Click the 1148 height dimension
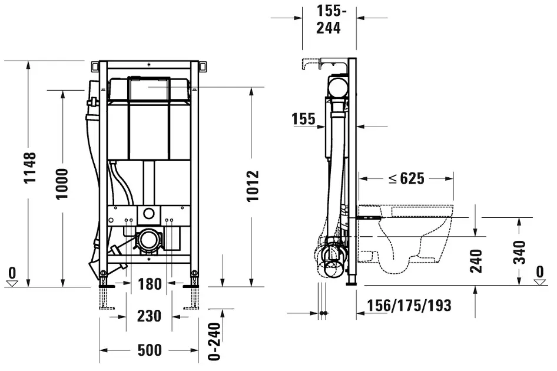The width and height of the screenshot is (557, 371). pyautogui.click(x=30, y=168)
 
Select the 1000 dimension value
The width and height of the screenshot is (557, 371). pyautogui.click(x=62, y=184)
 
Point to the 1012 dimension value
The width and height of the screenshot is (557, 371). pyautogui.click(x=253, y=186)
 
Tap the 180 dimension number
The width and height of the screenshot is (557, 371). pyautogui.click(x=150, y=284)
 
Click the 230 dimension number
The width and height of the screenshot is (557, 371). pyautogui.click(x=149, y=316)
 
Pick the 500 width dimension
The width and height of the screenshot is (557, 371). pyautogui.click(x=150, y=350)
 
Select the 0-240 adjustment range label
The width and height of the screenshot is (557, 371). pyautogui.click(x=214, y=342)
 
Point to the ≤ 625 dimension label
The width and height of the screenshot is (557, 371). pyautogui.click(x=406, y=178)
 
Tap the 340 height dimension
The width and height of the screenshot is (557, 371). pyautogui.click(x=519, y=252)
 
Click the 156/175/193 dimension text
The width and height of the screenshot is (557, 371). pyautogui.click(x=409, y=306)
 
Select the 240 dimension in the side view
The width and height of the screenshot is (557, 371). pyautogui.click(x=476, y=261)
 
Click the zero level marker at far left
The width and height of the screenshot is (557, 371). pyautogui.click(x=12, y=277)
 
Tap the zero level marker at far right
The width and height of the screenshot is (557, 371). pyautogui.click(x=540, y=276)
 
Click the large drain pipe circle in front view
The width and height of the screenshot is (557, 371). pyautogui.click(x=148, y=240)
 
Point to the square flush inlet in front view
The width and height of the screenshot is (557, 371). pyautogui.click(x=149, y=214)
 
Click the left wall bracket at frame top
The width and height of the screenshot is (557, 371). pyautogui.click(x=95, y=66)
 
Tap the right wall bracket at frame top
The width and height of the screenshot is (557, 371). pyautogui.click(x=203, y=66)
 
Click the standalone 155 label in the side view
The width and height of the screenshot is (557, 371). pyautogui.click(x=303, y=119)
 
